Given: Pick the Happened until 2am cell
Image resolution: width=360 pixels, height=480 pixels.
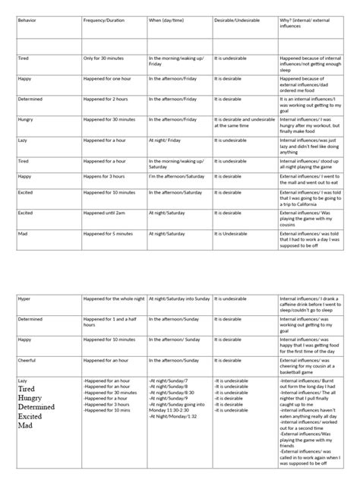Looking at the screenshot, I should click(x=107, y=213).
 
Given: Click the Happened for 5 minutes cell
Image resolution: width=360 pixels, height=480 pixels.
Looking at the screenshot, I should click(x=109, y=233).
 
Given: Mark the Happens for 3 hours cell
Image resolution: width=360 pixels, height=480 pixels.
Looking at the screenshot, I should click(x=106, y=175).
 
